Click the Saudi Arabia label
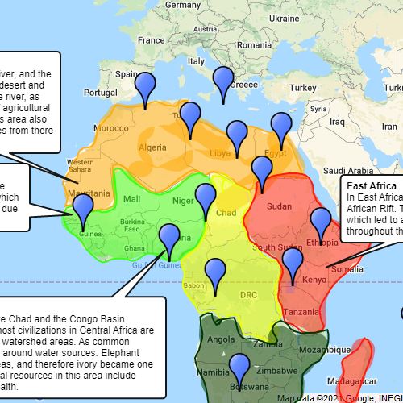coord(349,171)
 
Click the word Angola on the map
coord(222,340)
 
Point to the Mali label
coord(132,198)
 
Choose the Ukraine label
coord(284,18)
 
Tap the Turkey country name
coord(305,87)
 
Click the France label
coord(151,39)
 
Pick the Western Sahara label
coord(80,165)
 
